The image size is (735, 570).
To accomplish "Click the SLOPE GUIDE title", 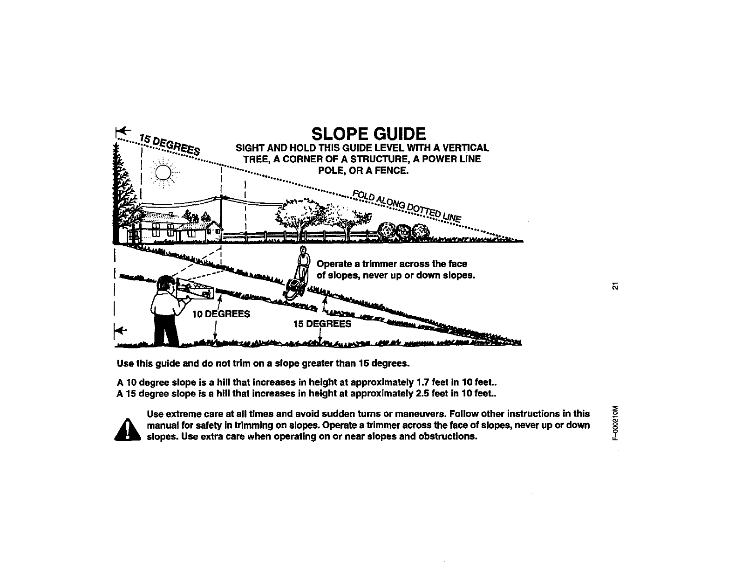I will (x=368, y=134).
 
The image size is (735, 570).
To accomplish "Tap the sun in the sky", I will (x=163, y=173).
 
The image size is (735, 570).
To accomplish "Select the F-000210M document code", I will (x=615, y=424).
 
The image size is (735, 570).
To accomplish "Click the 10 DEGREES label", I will (x=221, y=313).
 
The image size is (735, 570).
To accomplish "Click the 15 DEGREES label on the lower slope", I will (x=322, y=323).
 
